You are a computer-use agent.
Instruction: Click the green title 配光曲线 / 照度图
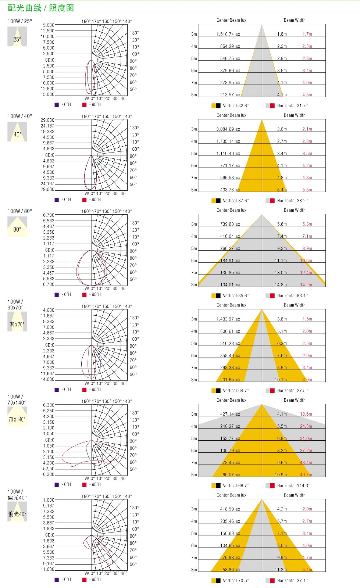point(40,8)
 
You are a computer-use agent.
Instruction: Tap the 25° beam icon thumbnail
point(17,37)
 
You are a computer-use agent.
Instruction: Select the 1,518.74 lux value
point(228,34)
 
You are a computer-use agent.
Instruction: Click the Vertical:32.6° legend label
point(236,106)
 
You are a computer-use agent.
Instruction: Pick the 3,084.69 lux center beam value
point(228,129)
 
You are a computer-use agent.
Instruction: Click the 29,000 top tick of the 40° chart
point(47,120)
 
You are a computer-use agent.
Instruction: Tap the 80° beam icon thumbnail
point(17,227)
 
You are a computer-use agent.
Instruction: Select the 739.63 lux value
point(230,224)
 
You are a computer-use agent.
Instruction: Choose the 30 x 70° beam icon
point(17,322)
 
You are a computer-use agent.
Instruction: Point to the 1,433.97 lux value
point(228,319)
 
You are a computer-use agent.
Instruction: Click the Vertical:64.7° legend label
point(236,391)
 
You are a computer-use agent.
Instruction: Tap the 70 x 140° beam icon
point(17,417)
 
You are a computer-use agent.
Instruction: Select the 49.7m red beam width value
point(306,475)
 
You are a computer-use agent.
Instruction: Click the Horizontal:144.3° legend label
point(293,486)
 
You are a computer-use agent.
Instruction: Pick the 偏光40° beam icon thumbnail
point(17,512)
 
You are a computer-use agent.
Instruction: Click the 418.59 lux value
point(230,509)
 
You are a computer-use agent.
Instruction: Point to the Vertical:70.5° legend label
point(236,581)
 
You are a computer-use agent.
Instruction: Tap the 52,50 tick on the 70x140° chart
point(49,469)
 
